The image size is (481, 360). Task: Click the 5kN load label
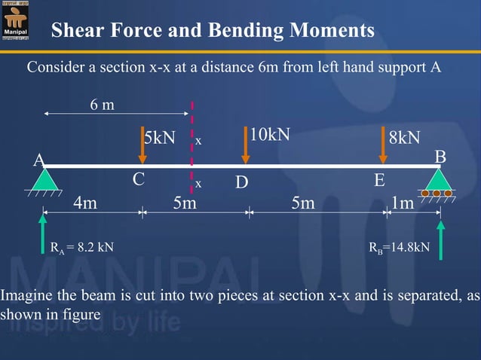161,138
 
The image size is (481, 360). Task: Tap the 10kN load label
270,135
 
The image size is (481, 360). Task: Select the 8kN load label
404,138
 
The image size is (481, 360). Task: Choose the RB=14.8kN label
399,246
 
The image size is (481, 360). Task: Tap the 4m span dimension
84,203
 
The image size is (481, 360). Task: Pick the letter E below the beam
379,181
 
